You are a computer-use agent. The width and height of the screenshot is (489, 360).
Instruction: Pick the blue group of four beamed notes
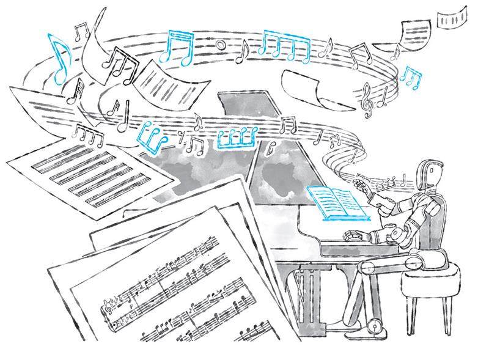click(285, 46)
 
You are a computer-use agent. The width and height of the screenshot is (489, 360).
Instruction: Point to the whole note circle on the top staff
click(220, 43)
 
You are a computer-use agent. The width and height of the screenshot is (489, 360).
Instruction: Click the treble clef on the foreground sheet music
click(112, 303)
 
